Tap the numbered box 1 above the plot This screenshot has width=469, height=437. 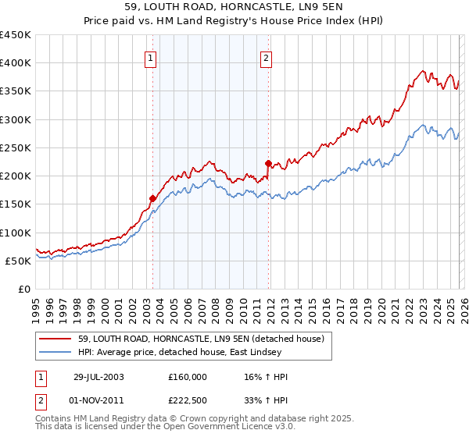coord(150,57)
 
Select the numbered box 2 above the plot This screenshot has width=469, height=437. coord(267,57)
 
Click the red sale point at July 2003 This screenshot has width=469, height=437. coord(152,198)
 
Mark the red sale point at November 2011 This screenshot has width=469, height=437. coord(268,163)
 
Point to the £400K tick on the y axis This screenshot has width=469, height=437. coord(16,63)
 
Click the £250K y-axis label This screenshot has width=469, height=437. coord(16,147)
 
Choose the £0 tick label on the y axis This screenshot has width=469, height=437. coord(23,289)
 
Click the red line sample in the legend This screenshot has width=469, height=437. coord(56,338)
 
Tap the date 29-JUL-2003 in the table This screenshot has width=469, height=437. coord(98,377)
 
